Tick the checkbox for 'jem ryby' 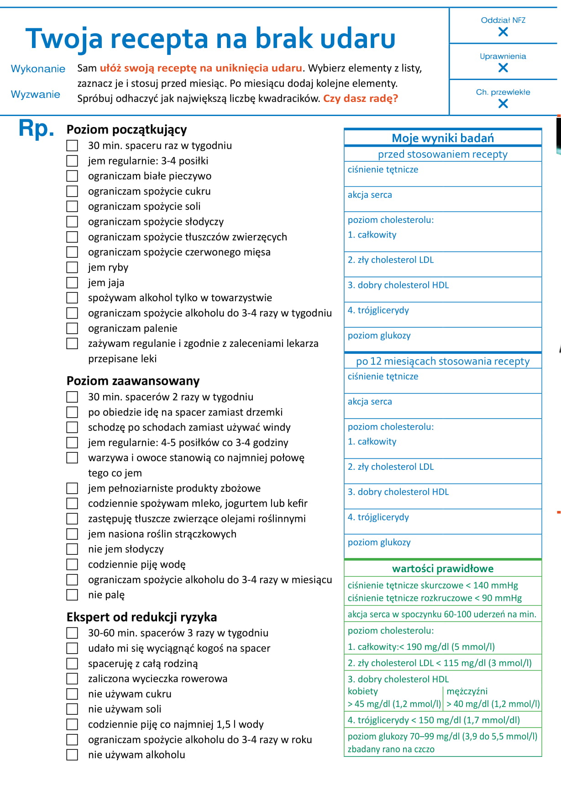click(x=72, y=267)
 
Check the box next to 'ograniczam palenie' click(x=72, y=328)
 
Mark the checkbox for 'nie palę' click(x=72, y=595)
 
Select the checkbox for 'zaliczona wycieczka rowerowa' click(x=72, y=679)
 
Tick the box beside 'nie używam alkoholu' click(x=72, y=755)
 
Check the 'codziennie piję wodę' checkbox click(x=72, y=564)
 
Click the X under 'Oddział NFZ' click(x=503, y=32)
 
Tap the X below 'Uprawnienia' click(x=503, y=68)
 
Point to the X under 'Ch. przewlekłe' click(x=503, y=104)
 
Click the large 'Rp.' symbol click(x=36, y=128)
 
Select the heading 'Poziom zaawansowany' click(x=133, y=381)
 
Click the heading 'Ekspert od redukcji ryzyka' click(x=142, y=617)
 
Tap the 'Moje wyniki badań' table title click(x=443, y=138)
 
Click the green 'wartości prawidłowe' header click(x=443, y=569)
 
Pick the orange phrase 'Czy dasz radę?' click(x=361, y=98)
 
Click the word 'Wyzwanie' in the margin click(x=36, y=94)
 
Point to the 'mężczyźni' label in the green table click(x=467, y=691)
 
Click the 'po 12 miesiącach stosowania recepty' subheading click(x=443, y=361)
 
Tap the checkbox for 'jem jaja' click(x=72, y=282)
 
